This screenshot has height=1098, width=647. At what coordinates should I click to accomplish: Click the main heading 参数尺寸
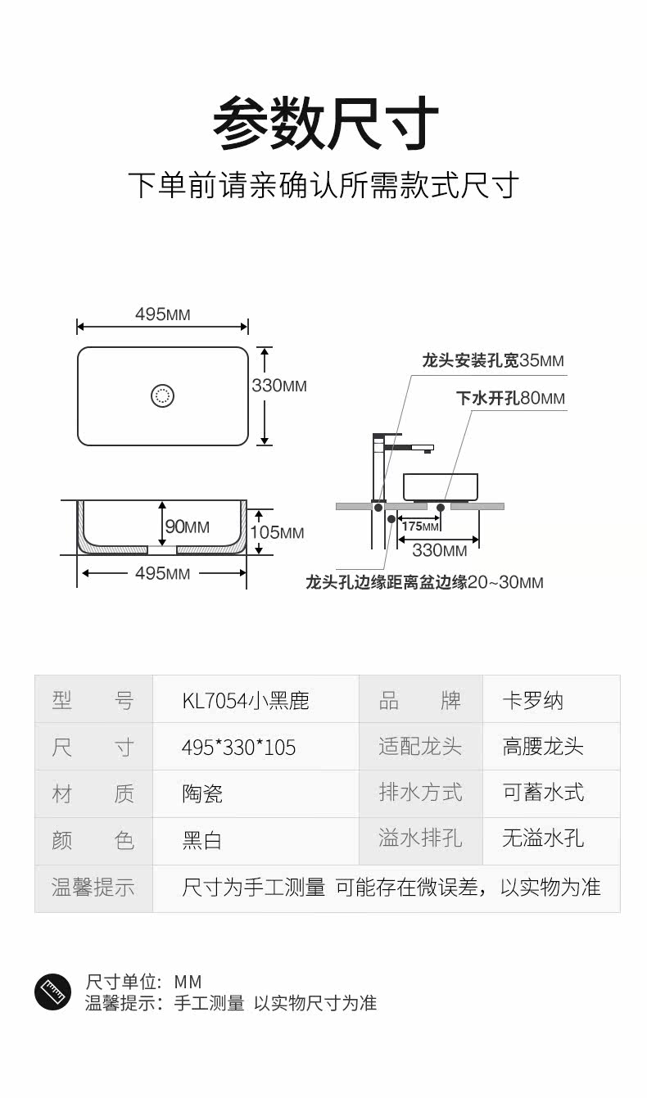click(325, 122)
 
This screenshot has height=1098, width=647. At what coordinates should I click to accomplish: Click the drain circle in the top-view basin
click(163, 396)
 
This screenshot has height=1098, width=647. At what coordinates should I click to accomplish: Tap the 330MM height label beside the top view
click(280, 386)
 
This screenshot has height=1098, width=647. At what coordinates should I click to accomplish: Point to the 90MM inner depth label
click(188, 527)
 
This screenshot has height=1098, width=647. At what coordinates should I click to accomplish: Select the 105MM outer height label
click(277, 533)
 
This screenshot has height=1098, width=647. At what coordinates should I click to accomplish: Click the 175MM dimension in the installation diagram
click(420, 526)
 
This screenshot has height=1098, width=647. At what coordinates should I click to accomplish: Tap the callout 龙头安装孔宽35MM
click(493, 360)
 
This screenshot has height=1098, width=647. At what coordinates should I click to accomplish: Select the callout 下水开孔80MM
click(510, 399)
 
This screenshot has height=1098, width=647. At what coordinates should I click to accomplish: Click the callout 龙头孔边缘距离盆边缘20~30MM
click(424, 582)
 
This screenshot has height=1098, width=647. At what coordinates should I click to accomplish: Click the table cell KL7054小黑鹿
click(246, 701)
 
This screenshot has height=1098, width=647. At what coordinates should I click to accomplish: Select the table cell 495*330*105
click(238, 748)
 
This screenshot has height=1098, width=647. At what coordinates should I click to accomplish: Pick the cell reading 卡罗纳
click(533, 701)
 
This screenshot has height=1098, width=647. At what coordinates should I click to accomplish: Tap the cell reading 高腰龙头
click(543, 747)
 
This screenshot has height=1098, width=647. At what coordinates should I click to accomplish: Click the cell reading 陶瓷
click(202, 793)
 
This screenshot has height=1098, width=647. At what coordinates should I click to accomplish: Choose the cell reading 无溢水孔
click(543, 838)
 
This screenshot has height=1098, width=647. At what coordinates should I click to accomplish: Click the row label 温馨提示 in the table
click(93, 888)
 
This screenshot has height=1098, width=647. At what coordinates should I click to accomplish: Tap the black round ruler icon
click(53, 992)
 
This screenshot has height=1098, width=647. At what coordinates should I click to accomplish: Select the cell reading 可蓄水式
click(543, 793)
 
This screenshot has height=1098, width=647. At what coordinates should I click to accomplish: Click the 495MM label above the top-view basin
click(162, 314)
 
